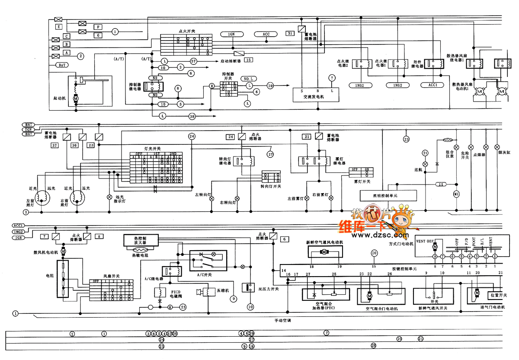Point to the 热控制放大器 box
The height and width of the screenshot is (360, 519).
coord(141,240)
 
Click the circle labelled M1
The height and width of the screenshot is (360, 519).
coord(456,194)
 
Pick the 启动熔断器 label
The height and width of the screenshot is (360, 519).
coord(231,61)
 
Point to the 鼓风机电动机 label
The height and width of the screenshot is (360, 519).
coord(48,252)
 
